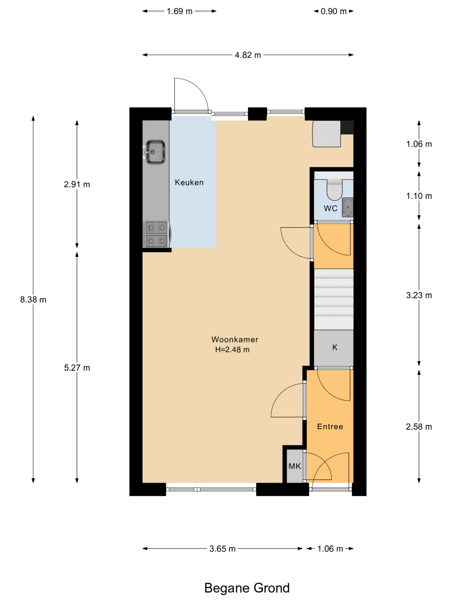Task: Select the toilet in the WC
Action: point(334,189)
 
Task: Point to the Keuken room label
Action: point(189,182)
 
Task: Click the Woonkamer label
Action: point(234,339)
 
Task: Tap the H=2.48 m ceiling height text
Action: point(232,350)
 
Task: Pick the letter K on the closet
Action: point(335,347)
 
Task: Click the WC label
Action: point(331,208)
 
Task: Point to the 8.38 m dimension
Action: point(33,300)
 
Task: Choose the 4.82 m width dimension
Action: point(248,55)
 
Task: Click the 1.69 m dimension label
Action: point(179,12)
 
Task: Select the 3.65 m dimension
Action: point(222,549)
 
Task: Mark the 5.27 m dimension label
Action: point(77,368)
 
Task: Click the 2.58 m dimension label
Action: point(419,427)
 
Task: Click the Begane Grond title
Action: point(247,588)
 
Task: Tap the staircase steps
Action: point(334,299)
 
